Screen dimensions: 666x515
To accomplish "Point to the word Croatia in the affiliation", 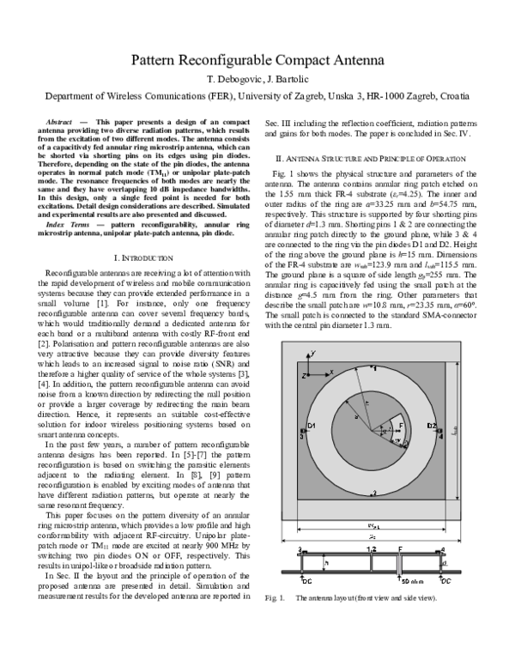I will [x=451, y=96].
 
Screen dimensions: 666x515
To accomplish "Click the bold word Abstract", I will [x=62, y=124].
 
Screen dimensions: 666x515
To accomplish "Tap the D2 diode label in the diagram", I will [x=433, y=426].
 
